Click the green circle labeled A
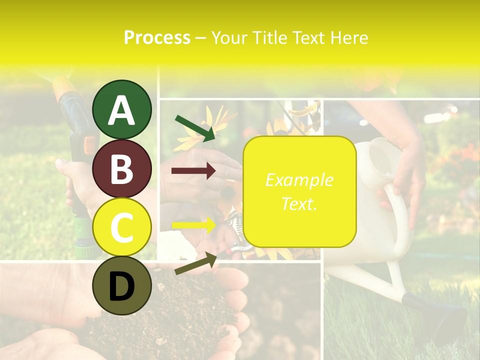click(x=122, y=110)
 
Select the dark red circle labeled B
click(x=122, y=168)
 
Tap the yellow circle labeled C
click(x=122, y=227)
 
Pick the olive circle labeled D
click(x=122, y=285)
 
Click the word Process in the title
click(x=157, y=37)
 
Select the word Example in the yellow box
click(x=299, y=180)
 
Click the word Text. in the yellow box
click(x=299, y=203)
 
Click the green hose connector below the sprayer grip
click(x=81, y=240)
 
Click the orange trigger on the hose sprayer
click(x=89, y=145)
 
